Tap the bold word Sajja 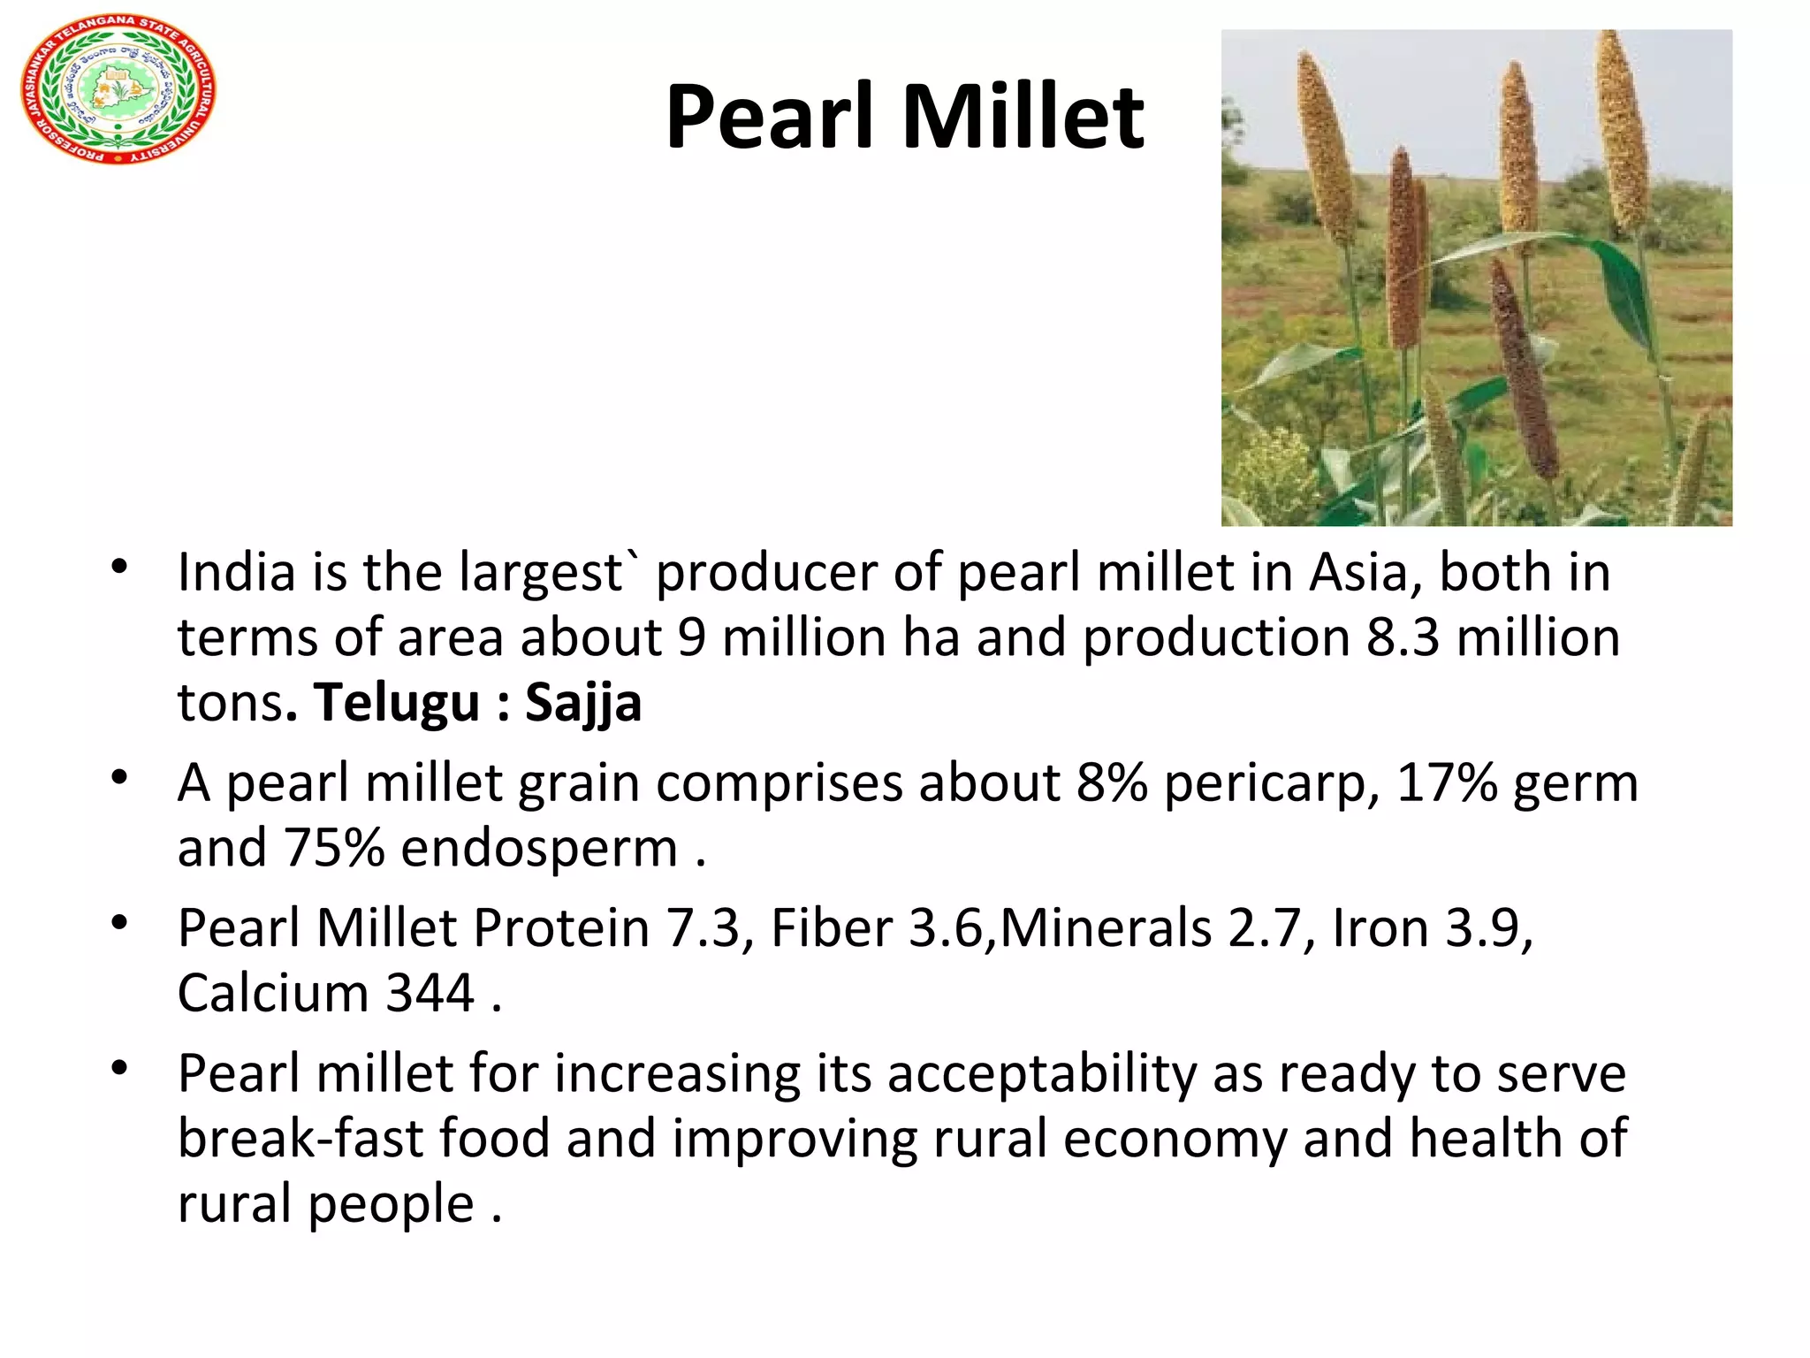(583, 704)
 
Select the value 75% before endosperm (333, 849)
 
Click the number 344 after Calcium (430, 993)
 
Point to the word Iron (1380, 928)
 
